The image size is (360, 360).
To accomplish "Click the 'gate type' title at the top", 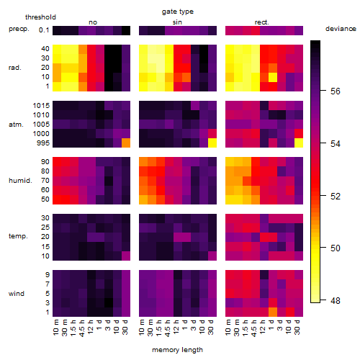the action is [x=178, y=12].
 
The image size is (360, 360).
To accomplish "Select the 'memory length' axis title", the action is [x=177, y=350].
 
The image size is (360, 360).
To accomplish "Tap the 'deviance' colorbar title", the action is [x=341, y=29].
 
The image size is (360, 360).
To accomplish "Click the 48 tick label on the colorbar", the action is [x=336, y=300].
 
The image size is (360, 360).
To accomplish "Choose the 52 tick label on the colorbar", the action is [x=336, y=197].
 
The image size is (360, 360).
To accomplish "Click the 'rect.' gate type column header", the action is [x=262, y=22].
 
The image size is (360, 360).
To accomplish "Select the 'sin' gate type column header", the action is [x=177, y=22].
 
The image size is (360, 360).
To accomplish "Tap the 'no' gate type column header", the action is [x=93, y=22].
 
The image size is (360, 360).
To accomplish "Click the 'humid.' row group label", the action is [x=20, y=181].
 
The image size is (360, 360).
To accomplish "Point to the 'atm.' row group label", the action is [x=16, y=125].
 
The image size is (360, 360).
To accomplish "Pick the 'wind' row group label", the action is [x=17, y=294].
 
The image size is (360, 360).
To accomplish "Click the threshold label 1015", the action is [x=41, y=106].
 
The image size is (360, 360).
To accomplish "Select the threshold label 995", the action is [x=43, y=143].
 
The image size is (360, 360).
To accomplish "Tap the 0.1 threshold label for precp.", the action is [x=44, y=30].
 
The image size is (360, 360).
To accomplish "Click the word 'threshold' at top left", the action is [x=40, y=17].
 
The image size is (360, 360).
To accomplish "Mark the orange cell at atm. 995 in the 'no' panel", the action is [x=126, y=143].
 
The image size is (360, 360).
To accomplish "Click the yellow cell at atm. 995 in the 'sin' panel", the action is [x=212, y=143].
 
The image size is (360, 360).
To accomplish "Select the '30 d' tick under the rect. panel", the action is [x=297, y=328].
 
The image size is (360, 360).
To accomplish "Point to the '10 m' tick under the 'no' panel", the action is [x=55, y=328].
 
